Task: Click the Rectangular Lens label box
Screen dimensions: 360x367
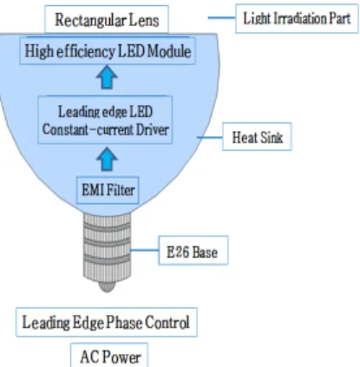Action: pos(107,20)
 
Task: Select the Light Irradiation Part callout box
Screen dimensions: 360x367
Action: pos(297,18)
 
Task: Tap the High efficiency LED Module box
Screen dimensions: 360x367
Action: pos(108,51)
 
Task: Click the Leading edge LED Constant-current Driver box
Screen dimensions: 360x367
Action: pos(105,120)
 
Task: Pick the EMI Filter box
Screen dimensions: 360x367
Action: pos(108,190)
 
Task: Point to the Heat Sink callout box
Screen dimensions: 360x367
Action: pos(257,137)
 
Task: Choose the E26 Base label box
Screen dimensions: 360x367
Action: pos(193,251)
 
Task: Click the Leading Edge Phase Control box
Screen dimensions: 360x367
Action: pos(107,322)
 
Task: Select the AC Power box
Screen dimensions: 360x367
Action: pos(109,356)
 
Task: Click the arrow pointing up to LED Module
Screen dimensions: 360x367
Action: pos(107,77)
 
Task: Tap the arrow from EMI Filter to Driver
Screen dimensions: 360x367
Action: pos(107,160)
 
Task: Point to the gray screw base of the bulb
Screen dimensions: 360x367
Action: pos(107,248)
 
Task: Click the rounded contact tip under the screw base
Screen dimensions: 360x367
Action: pos(107,287)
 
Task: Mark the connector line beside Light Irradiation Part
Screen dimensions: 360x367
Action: pos(221,17)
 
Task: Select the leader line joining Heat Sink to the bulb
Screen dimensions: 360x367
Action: pos(210,137)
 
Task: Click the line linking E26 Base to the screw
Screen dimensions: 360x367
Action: pos(145,250)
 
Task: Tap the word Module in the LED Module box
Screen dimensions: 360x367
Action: pos(169,51)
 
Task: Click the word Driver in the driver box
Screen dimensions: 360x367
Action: pos(152,129)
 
